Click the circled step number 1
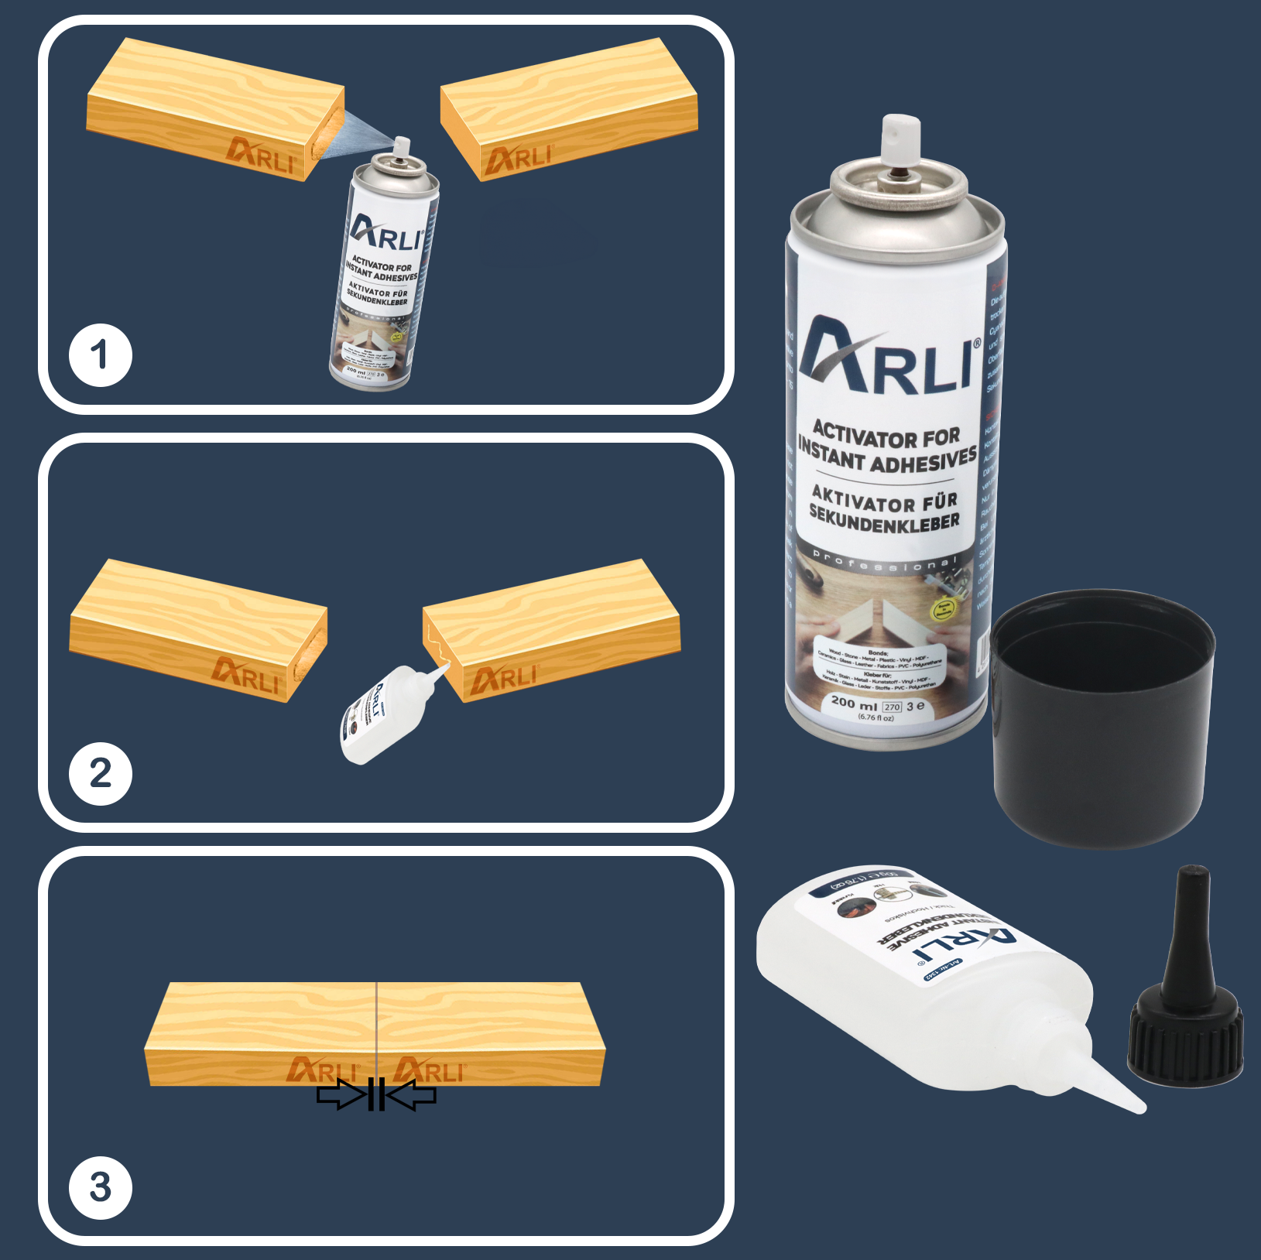(x=100, y=356)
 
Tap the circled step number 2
(x=100, y=774)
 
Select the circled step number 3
(x=100, y=1187)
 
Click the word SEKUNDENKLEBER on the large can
(x=885, y=522)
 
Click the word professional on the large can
(x=884, y=562)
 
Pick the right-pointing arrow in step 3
(x=341, y=1094)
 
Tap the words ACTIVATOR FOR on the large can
(x=886, y=437)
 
